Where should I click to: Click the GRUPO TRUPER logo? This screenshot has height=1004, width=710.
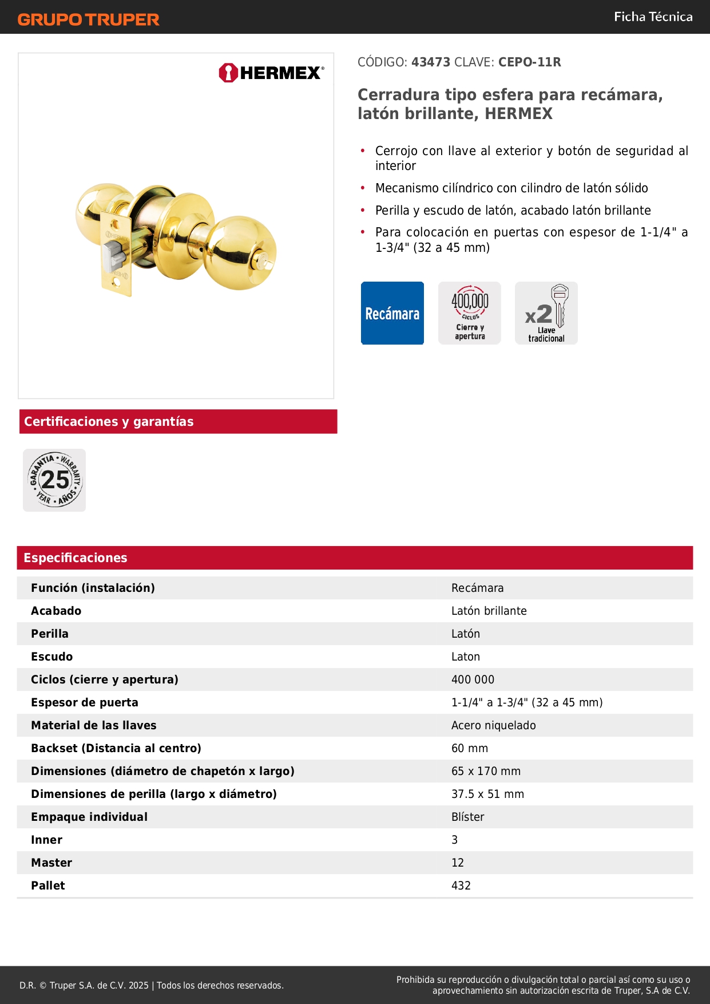click(x=88, y=19)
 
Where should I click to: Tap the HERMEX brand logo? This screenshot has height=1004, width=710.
click(x=271, y=73)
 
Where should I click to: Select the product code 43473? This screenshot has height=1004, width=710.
click(x=431, y=62)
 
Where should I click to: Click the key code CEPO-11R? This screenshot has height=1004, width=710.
click(x=529, y=62)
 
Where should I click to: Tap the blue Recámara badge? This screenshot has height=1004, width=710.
click(x=392, y=313)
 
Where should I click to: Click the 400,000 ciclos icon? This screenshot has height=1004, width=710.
click(x=470, y=313)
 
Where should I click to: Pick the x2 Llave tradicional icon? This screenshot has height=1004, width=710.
click(x=546, y=313)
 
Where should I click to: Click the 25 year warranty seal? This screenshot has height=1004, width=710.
click(x=54, y=480)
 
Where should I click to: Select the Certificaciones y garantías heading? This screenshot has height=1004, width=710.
click(x=109, y=422)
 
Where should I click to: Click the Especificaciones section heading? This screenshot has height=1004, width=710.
click(x=76, y=558)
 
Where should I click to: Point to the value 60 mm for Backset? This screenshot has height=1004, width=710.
click(x=470, y=748)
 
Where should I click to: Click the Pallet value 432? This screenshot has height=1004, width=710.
click(x=461, y=886)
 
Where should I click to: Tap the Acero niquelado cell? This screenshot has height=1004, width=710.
click(x=493, y=725)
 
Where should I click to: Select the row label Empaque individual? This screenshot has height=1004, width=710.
click(x=89, y=817)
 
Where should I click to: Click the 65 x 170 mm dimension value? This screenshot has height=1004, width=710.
click(x=486, y=771)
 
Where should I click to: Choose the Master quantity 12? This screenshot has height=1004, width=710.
click(x=458, y=863)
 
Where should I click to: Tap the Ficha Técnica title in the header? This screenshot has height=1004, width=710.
click(x=653, y=17)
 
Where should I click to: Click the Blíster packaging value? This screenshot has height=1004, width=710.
click(x=467, y=817)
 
